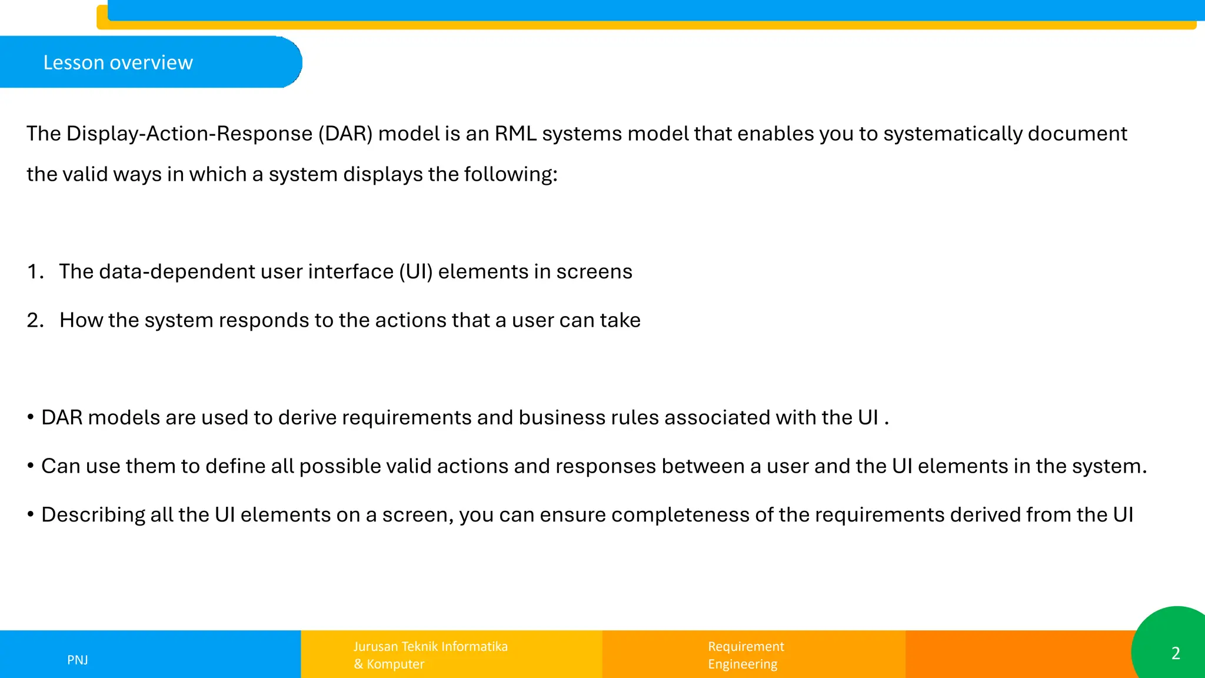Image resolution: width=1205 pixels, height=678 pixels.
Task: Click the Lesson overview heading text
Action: (118, 62)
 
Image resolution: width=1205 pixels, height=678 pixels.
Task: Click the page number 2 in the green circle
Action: (1175, 653)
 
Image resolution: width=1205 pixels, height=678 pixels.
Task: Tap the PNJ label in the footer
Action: (78, 660)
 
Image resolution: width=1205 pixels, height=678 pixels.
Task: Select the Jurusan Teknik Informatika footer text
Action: (430, 646)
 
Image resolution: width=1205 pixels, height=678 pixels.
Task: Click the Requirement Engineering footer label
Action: (745, 655)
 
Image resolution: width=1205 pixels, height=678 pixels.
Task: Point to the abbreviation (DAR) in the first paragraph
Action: (345, 134)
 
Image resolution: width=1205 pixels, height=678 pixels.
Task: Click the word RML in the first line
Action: (515, 134)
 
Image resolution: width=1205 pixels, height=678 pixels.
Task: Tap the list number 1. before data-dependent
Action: (35, 271)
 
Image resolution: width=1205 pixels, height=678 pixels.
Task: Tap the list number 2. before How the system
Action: (35, 320)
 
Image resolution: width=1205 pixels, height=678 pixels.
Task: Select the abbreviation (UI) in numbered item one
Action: (415, 271)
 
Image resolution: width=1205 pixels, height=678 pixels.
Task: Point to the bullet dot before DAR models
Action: (31, 418)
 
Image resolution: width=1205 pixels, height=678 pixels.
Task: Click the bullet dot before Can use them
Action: (31, 467)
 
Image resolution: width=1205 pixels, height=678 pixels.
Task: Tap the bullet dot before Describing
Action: (31, 515)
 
